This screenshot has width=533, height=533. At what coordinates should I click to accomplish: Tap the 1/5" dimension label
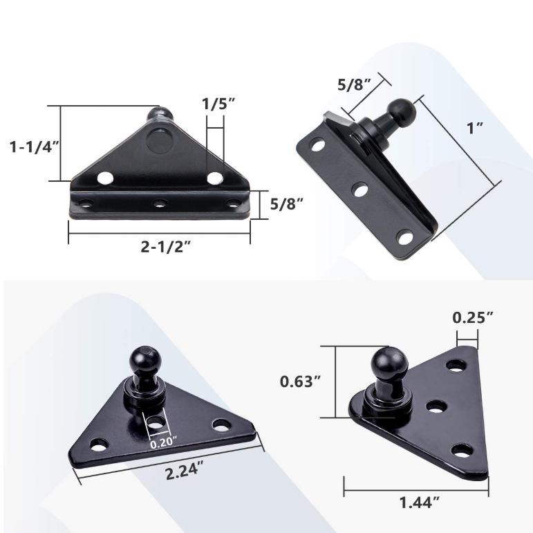click(218, 104)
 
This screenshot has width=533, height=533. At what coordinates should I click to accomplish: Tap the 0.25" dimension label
click(473, 318)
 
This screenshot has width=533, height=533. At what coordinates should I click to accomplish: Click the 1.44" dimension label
click(418, 502)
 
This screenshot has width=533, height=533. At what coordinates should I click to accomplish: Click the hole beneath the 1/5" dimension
click(216, 178)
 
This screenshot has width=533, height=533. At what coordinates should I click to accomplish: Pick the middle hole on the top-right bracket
click(359, 189)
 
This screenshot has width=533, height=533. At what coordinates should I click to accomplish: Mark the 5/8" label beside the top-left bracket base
click(285, 204)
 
